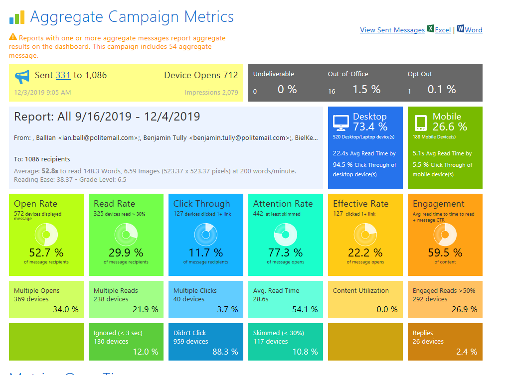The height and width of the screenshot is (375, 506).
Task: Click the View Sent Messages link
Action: tap(392, 30)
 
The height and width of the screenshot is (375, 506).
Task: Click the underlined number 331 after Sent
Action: tap(63, 75)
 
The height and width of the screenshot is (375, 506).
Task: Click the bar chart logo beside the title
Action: tap(16, 18)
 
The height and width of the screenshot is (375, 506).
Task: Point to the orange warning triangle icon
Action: tap(12, 37)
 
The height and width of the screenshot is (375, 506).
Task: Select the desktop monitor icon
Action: tap(341, 122)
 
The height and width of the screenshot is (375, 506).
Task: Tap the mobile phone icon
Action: tap(421, 122)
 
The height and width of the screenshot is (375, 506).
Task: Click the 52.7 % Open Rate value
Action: tap(46, 252)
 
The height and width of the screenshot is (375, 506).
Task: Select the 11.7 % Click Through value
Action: tap(205, 252)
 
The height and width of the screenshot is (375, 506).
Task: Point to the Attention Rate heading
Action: tap(283, 204)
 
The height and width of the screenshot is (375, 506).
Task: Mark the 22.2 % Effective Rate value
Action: tap(365, 252)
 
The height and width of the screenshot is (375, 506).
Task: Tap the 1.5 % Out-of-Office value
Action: tap(366, 90)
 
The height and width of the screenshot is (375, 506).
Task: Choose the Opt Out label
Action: tap(420, 74)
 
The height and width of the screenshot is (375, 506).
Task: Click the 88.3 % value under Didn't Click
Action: tap(225, 352)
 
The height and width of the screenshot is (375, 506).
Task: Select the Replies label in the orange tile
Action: tap(423, 333)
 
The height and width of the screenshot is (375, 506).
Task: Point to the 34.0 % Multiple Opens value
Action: tap(65, 309)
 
